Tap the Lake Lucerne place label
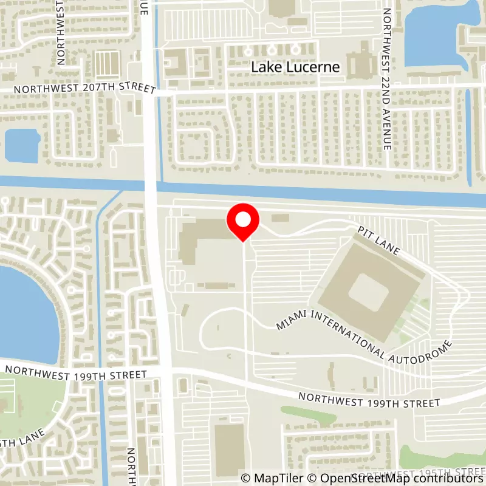(x=295, y=67)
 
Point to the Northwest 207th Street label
(x=84, y=89)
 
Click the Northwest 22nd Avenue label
(x=386, y=79)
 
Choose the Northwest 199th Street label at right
(x=369, y=400)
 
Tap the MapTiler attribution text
(x=270, y=478)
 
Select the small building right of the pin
(x=280, y=217)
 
